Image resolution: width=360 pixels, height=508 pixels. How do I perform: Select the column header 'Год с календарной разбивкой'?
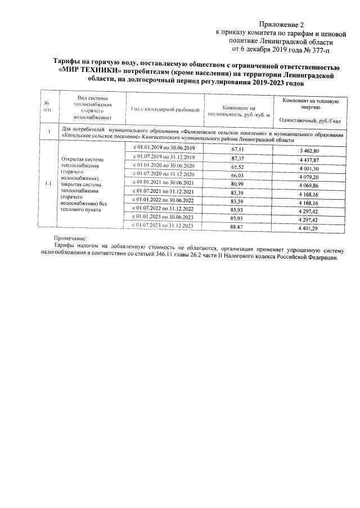(x=165, y=108)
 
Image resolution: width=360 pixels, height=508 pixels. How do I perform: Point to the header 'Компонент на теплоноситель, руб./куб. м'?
(x=238, y=111)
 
